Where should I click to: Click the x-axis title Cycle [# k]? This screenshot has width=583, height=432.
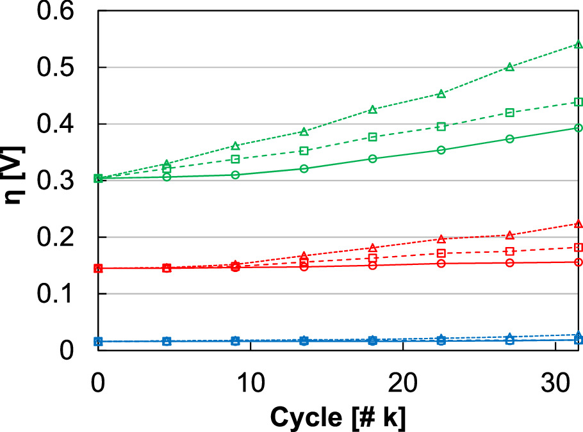point(338,417)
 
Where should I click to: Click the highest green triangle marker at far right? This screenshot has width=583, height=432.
point(579,44)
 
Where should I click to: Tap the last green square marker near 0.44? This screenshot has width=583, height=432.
point(579,102)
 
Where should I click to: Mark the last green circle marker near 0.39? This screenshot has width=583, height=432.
point(579,128)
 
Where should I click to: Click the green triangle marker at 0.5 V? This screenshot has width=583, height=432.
point(510,67)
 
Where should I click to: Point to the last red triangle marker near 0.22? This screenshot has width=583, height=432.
point(579,224)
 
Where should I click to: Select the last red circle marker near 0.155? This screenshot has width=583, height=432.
point(579,262)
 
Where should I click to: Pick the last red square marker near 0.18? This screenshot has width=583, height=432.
point(579,247)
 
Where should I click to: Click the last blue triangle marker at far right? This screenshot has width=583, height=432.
point(579,335)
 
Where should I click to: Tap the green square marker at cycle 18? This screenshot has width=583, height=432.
point(373,137)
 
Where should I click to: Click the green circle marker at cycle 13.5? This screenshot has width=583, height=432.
point(304,168)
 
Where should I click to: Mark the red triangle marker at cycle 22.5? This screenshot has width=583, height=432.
point(441,239)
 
